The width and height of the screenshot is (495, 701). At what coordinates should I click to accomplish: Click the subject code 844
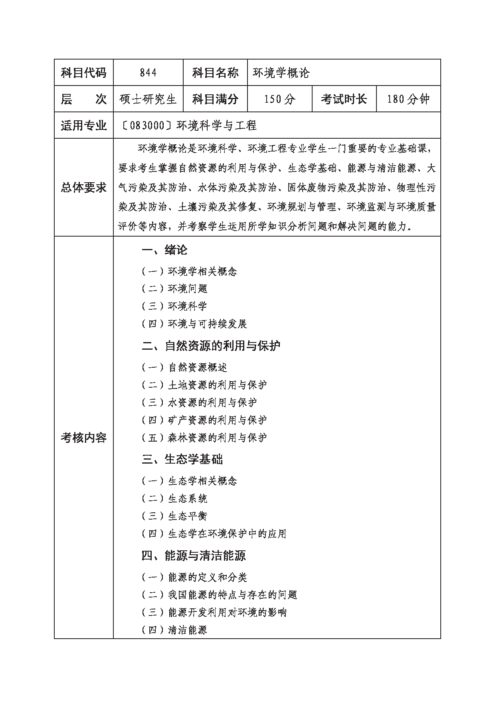(148, 73)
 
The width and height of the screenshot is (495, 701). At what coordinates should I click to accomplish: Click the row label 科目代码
(84, 73)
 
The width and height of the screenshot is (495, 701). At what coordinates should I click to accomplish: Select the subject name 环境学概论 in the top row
(281, 73)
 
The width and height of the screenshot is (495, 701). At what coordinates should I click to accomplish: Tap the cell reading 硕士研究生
(148, 99)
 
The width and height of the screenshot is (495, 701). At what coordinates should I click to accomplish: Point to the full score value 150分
(279, 99)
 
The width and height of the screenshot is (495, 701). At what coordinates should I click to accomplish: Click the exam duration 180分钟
(408, 99)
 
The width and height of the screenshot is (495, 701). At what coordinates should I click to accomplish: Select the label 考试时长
(344, 99)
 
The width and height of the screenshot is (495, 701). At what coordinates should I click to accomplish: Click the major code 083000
(147, 125)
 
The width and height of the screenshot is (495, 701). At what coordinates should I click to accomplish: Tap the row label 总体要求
(84, 187)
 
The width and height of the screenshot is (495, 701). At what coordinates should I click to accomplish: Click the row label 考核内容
(84, 438)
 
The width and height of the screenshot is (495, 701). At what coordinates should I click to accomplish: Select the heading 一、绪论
(164, 251)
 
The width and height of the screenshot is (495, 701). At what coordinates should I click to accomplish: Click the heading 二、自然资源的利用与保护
(211, 346)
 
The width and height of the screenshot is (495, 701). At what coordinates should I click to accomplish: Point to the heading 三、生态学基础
(182, 459)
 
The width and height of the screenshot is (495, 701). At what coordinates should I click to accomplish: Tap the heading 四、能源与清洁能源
(194, 555)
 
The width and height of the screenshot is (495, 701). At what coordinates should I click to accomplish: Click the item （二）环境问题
(174, 289)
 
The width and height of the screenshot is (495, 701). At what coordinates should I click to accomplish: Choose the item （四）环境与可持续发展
(194, 324)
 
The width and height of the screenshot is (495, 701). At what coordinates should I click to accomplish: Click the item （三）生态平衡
(174, 516)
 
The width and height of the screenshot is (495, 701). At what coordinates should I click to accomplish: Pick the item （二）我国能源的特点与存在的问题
(219, 595)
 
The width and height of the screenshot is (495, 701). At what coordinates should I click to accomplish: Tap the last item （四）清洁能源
(174, 630)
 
